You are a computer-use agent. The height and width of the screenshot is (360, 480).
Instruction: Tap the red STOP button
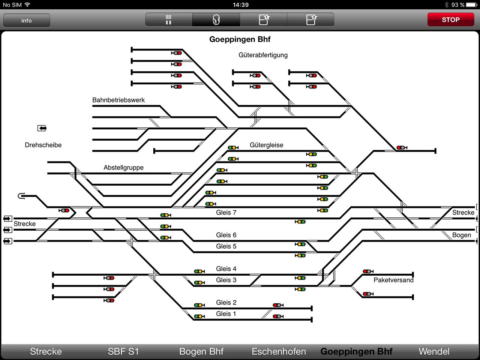451,19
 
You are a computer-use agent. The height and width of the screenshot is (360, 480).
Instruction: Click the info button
27,21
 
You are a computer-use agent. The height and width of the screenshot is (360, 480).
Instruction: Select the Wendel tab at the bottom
434,351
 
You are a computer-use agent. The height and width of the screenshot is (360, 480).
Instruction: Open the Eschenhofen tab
279,351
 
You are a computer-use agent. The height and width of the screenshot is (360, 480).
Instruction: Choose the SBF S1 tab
123,351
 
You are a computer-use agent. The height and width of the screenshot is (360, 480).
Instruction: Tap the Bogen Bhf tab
201,351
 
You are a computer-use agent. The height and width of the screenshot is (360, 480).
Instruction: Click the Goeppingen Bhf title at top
240,39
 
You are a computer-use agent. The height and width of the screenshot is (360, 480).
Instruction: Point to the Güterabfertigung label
263,55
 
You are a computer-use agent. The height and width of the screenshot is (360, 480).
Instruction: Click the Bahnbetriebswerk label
118,100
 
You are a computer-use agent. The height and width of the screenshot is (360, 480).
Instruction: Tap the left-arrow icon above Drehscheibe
42,128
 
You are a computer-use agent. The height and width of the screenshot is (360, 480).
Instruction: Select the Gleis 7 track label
226,213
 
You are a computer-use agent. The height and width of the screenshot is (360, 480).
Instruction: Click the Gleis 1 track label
226,313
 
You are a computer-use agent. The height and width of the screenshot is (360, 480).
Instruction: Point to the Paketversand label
393,280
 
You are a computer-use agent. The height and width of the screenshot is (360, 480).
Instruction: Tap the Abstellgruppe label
123,167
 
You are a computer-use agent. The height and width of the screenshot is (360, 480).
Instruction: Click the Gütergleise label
266,145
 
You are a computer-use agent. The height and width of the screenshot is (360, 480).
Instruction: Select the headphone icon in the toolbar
216,20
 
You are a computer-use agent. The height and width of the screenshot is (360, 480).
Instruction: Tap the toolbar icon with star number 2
311,19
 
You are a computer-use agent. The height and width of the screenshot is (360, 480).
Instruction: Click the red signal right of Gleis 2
278,305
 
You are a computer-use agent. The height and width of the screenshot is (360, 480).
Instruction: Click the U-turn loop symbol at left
21,196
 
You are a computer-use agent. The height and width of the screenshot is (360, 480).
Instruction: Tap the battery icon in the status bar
471,4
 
